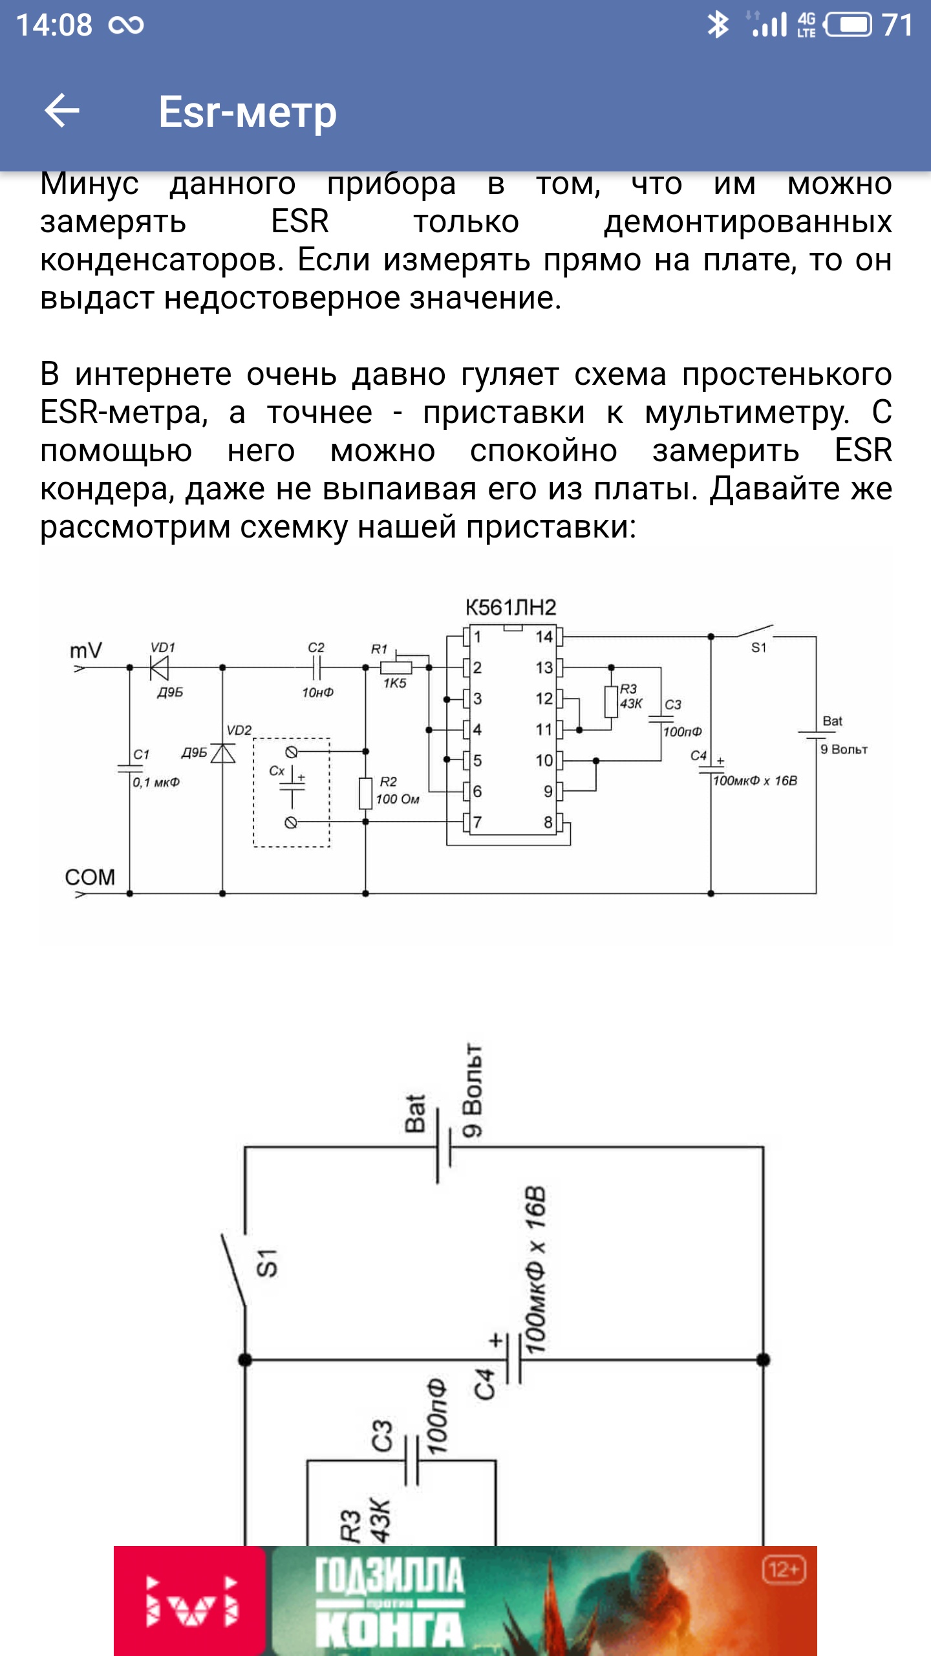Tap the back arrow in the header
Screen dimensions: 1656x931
(x=62, y=111)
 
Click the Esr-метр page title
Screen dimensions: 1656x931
(x=248, y=112)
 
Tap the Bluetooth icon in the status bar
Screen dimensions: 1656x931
(x=717, y=25)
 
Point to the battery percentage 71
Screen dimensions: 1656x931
(x=897, y=25)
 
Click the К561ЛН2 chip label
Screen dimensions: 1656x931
(x=511, y=607)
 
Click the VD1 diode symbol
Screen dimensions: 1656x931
(x=159, y=667)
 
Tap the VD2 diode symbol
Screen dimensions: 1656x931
(x=223, y=754)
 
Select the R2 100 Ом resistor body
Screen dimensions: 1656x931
(x=365, y=794)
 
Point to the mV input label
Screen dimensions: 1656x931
(x=86, y=650)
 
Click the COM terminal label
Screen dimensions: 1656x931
(x=90, y=877)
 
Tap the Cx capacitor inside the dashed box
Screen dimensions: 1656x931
(x=292, y=785)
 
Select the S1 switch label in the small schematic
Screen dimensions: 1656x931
(x=267, y=1263)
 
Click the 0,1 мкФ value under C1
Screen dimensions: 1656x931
(x=156, y=783)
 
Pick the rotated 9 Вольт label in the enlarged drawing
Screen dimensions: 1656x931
(x=473, y=1091)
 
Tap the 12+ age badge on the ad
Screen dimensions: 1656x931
(x=784, y=1570)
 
